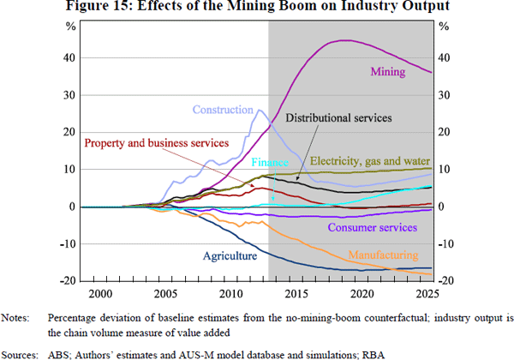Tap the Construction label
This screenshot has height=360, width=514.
[x=224, y=110]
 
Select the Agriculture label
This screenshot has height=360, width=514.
[x=229, y=255]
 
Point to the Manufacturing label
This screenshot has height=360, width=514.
[x=383, y=255]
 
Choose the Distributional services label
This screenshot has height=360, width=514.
[x=338, y=117]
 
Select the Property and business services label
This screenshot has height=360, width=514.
[x=157, y=142]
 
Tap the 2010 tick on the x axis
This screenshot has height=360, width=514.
[x=230, y=293]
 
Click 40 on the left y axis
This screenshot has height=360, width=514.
[x=68, y=58]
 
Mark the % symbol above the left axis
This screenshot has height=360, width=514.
[x=72, y=26]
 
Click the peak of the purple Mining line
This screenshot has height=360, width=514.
[x=344, y=40]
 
